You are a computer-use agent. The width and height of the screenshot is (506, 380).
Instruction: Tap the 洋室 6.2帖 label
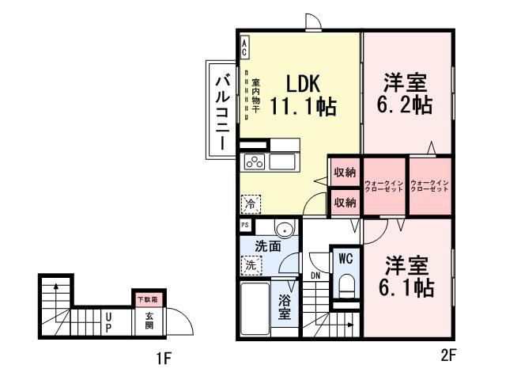click(406, 93)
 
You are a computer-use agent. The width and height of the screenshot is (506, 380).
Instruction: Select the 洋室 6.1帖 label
click(408, 275)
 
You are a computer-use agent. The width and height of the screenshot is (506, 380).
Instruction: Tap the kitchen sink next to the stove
click(281, 161)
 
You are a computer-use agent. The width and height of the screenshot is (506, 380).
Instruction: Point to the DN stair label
click(315, 275)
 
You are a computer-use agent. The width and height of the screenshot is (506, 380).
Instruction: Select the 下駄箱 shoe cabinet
click(146, 299)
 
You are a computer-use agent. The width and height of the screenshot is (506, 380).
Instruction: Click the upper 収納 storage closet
click(344, 173)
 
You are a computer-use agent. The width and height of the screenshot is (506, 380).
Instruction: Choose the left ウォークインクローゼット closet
click(384, 188)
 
